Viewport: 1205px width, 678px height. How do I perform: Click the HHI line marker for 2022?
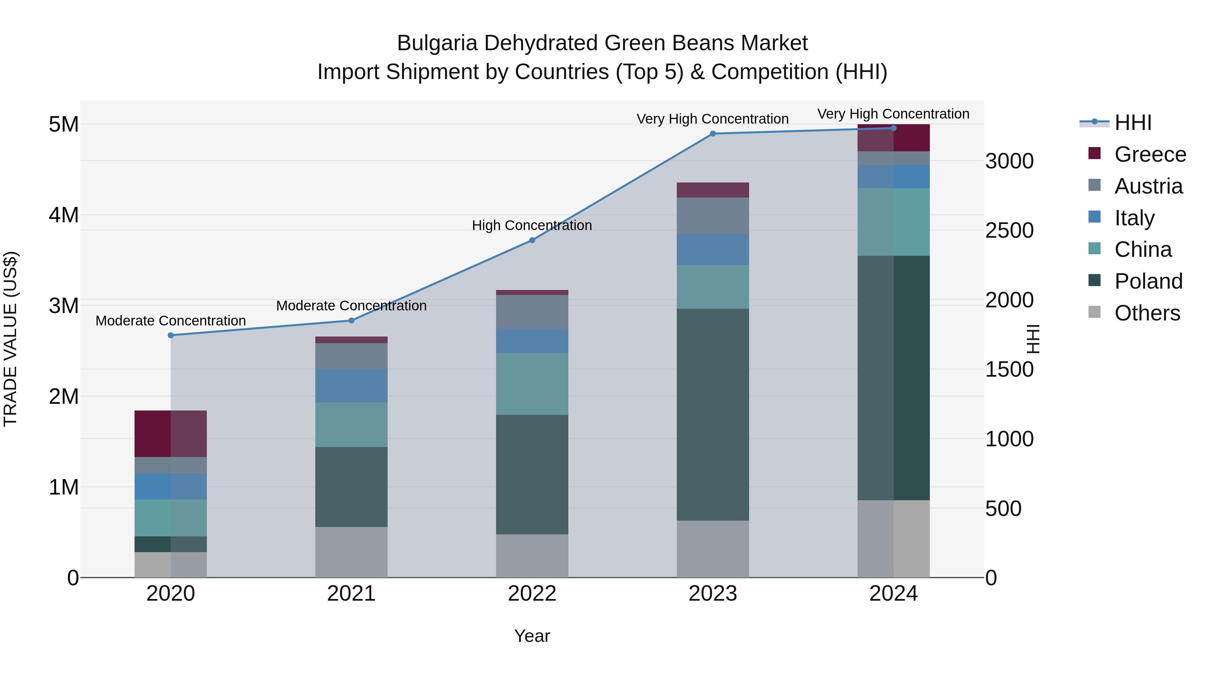[532, 240]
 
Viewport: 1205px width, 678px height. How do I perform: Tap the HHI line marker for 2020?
[171, 335]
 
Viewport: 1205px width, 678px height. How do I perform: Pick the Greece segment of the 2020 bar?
[171, 433]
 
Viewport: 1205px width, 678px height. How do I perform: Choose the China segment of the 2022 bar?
[532, 384]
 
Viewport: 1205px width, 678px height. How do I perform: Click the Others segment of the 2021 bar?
[351, 552]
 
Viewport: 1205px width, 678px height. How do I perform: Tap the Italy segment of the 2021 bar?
[351, 386]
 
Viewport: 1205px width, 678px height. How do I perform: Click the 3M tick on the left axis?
[64, 306]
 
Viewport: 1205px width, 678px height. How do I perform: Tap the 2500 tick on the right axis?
[1009, 230]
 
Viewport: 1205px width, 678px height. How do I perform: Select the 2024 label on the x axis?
[893, 594]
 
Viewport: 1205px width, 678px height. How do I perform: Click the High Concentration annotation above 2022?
[532, 226]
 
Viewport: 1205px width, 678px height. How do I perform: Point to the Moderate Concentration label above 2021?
[351, 306]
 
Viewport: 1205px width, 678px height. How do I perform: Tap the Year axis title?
[532, 636]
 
